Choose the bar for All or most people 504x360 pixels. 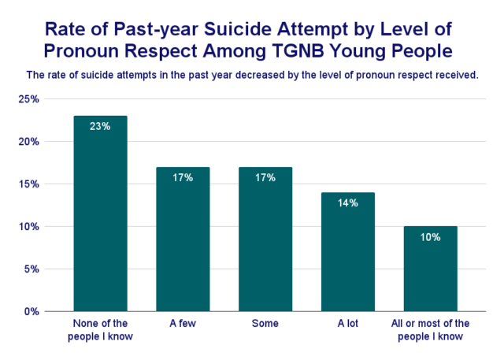(430, 272)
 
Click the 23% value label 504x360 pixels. (99, 126)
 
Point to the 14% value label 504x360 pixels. (347, 202)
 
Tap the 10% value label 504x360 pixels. (430, 236)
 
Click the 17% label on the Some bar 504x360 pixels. (265, 177)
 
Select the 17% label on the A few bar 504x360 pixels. (182, 177)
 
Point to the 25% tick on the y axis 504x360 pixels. (28, 99)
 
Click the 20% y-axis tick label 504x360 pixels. (28, 142)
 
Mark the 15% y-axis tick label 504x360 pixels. (28, 184)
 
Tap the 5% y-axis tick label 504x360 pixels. (31, 269)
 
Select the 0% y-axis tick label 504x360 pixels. (31, 311)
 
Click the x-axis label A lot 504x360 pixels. (347, 324)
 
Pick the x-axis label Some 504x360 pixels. (265, 324)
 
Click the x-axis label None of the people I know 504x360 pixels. (99, 330)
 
